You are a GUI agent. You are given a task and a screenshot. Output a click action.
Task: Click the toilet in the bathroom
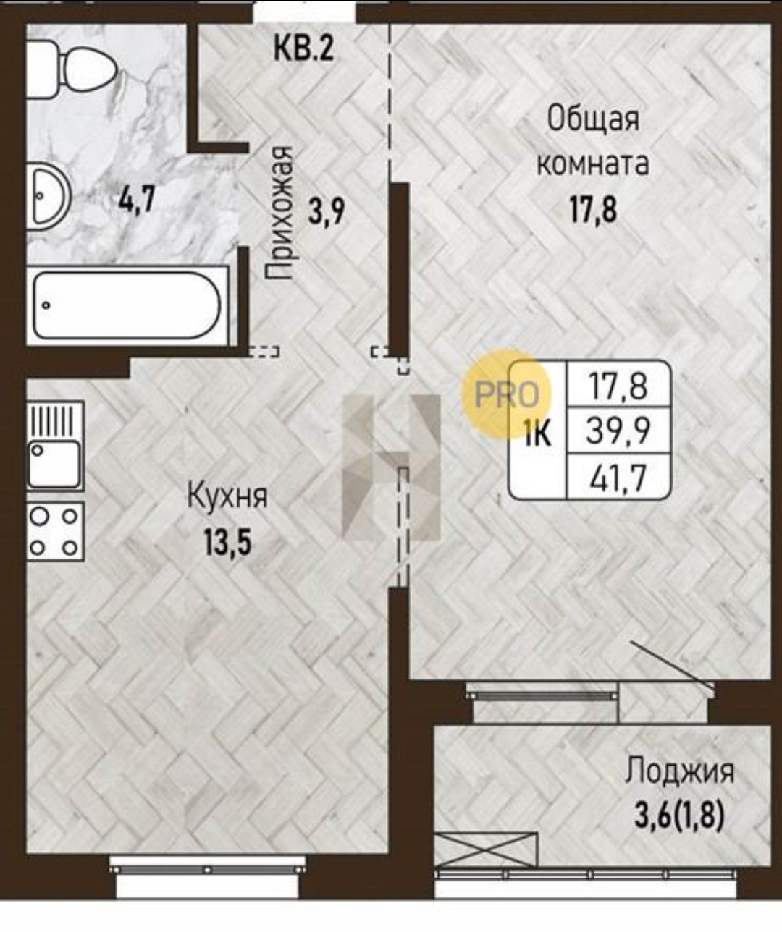(x=72, y=69)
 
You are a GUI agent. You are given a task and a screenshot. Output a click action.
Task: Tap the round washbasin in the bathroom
(x=49, y=196)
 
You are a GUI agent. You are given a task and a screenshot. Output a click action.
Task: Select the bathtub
(x=127, y=305)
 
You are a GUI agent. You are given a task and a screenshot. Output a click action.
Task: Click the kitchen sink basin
(x=54, y=465)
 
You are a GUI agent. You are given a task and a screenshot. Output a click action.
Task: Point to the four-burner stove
(x=55, y=531)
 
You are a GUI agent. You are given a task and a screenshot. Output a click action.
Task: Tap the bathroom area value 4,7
(x=137, y=199)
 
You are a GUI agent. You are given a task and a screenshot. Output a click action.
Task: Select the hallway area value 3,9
(x=326, y=212)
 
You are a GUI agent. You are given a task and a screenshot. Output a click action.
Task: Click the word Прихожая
(x=279, y=213)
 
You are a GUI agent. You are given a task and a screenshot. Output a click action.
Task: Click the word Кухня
(x=227, y=496)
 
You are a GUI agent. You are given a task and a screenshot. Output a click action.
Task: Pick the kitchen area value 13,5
(x=228, y=541)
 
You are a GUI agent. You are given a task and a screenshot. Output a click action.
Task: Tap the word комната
(x=592, y=164)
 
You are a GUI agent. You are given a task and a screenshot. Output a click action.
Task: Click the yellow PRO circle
(x=508, y=394)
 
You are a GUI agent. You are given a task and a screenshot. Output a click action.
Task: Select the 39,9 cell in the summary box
(x=618, y=431)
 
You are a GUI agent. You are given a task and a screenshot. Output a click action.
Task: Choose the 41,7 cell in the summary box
(x=618, y=477)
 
